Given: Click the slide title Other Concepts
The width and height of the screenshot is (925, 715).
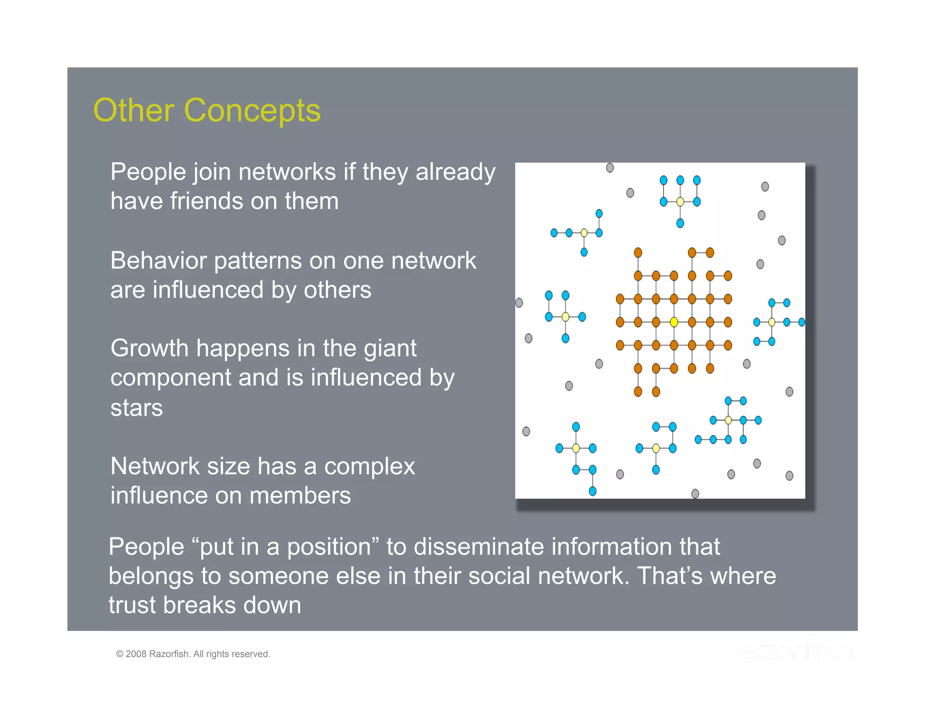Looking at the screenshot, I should point(206,110).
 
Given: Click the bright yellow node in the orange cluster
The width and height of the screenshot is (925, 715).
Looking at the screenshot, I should point(673,322).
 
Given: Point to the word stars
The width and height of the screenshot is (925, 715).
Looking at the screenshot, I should point(136,408).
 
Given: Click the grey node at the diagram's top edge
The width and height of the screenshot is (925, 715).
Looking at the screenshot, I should point(610,168).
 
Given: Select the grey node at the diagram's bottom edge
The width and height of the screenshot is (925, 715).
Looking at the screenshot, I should point(695,494).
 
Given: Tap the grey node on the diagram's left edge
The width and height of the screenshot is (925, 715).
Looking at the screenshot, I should point(519,302).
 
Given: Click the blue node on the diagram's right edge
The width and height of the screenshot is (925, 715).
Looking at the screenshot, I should point(801,322).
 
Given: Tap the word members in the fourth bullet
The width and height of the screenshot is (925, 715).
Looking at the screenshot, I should point(300,496).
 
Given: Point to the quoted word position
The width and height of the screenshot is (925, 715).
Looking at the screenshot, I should point(329,547).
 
